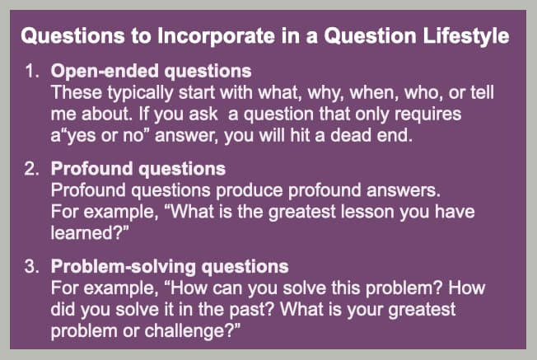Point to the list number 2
[x=31, y=169]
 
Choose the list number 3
[x=31, y=267]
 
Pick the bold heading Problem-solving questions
[x=170, y=267]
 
